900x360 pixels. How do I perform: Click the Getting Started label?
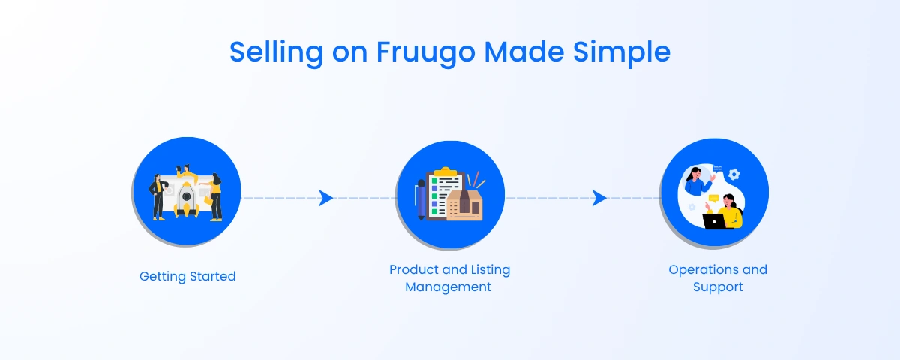pyautogui.click(x=187, y=276)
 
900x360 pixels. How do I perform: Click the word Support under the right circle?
pyautogui.click(x=718, y=286)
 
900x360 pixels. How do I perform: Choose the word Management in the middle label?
pyautogui.click(x=448, y=286)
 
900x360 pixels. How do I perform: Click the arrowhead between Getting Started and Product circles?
pyautogui.click(x=325, y=198)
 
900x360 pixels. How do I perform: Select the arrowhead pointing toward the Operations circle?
pyautogui.click(x=598, y=198)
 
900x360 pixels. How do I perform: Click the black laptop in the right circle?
pyautogui.click(x=714, y=221)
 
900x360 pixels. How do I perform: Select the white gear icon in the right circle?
pyautogui.click(x=734, y=174)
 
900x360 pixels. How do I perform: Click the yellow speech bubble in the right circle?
pyautogui.click(x=713, y=199)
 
